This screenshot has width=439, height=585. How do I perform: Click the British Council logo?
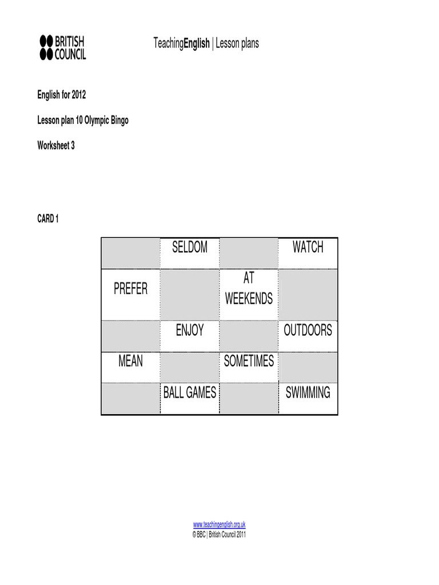click(62, 47)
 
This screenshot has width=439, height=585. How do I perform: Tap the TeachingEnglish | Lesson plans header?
click(206, 43)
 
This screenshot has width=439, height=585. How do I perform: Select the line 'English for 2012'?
click(62, 95)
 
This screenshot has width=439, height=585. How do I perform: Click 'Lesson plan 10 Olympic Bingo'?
click(83, 121)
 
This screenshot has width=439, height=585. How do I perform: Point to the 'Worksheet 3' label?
click(56, 146)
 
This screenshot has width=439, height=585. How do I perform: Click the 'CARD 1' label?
click(48, 219)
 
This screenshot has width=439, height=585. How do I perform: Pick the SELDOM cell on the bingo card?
click(190, 247)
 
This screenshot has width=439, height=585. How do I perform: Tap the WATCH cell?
click(308, 247)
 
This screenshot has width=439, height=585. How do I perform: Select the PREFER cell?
click(130, 289)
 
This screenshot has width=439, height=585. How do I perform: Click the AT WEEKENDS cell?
click(249, 289)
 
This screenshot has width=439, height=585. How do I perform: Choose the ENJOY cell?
click(190, 330)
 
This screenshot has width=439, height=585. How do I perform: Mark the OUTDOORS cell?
click(308, 330)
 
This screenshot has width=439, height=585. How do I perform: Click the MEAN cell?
click(130, 361)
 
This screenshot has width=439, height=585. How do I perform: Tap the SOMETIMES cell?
click(249, 361)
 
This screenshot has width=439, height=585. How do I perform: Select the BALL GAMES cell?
click(190, 392)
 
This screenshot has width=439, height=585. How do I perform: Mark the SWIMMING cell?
click(308, 392)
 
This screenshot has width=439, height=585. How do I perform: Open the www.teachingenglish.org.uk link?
click(219, 524)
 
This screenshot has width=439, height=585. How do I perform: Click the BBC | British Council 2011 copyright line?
click(219, 535)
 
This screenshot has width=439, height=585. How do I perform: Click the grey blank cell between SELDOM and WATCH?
click(249, 253)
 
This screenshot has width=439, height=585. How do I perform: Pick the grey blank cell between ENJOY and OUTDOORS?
click(249, 336)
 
